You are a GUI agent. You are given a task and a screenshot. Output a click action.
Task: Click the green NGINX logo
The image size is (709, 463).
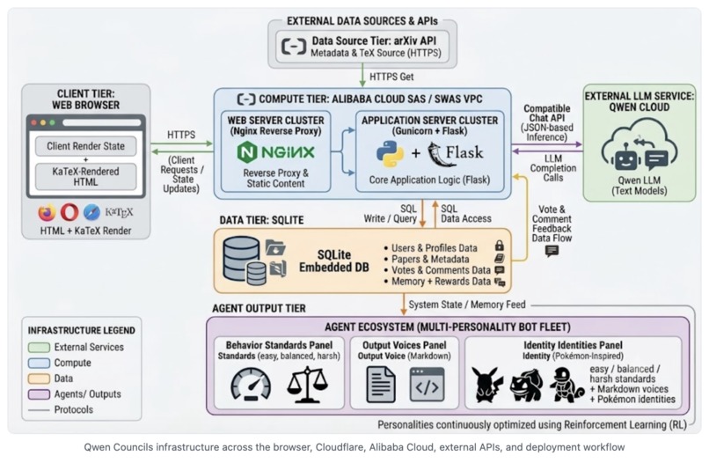[x=275, y=152]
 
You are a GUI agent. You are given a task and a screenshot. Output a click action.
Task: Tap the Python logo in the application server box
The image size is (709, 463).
[x=391, y=153]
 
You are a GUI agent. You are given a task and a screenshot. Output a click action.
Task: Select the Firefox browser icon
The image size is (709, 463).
[x=47, y=212]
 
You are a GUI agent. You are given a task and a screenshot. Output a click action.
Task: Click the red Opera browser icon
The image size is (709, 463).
[x=69, y=212]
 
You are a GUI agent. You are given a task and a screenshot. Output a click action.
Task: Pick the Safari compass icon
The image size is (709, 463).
[x=91, y=212]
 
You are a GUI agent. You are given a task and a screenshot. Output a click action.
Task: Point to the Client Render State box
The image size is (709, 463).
[x=86, y=146]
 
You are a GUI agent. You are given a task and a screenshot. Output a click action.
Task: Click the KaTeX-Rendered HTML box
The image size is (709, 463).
[x=86, y=177]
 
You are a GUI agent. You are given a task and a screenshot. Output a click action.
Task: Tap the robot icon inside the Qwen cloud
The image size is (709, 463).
[x=625, y=156]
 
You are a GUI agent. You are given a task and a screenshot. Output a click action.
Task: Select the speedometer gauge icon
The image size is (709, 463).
[x=251, y=385]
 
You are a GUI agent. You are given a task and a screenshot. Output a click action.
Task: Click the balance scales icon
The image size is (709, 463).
[x=308, y=385]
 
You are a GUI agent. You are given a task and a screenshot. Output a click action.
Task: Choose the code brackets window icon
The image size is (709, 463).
[x=427, y=386]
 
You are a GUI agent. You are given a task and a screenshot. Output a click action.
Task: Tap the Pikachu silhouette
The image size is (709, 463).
[x=486, y=386]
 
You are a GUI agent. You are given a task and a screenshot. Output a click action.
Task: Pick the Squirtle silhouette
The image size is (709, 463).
[x=567, y=386]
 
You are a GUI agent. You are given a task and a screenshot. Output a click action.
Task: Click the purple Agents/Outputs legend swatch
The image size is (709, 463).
[x=39, y=394]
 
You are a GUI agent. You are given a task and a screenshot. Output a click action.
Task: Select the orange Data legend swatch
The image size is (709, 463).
[x=39, y=378]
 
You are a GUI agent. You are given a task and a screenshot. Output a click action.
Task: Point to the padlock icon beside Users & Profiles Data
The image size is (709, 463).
[x=499, y=246]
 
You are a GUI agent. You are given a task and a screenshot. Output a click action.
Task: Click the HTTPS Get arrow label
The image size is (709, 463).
[x=391, y=77]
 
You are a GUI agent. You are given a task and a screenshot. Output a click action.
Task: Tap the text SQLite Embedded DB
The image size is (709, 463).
[x=334, y=261]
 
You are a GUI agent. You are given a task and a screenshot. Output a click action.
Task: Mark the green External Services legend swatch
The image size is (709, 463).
[x=39, y=347]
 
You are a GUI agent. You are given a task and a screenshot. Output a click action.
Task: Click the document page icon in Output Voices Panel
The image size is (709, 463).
[x=381, y=386]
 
